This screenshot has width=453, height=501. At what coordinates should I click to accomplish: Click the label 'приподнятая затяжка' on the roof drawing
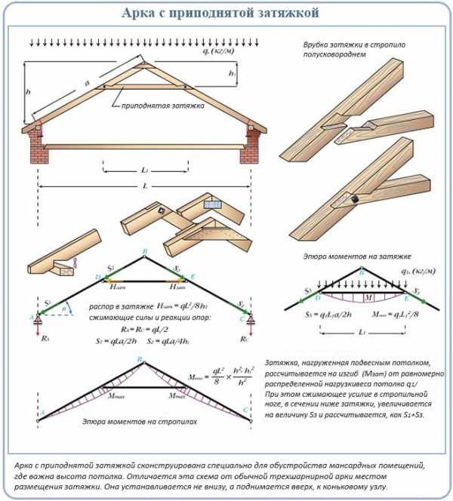click(162, 106)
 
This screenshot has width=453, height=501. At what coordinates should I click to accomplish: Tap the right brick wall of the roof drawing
click(249, 146)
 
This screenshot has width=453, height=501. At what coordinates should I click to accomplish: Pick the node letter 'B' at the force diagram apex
click(145, 250)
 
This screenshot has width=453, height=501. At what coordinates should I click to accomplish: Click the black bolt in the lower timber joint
click(353, 198)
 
